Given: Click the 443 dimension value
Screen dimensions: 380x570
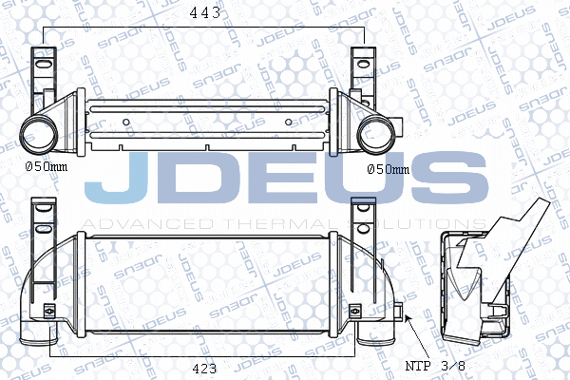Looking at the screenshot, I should click(x=205, y=12).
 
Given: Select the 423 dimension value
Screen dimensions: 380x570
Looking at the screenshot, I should click(x=199, y=367).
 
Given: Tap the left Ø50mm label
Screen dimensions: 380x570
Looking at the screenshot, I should click(x=47, y=168).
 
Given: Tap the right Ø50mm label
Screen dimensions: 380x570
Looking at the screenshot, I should click(x=388, y=169).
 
